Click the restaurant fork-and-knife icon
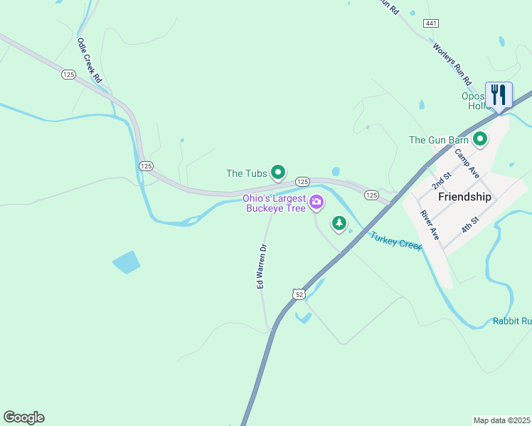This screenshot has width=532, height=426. point(499,94)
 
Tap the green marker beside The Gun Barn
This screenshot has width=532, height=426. point(480,139)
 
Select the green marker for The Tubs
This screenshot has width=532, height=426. point(279,172)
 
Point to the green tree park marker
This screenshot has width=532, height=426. point(340,224)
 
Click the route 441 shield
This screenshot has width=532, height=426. point(430,23)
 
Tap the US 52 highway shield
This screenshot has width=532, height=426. point(297,294)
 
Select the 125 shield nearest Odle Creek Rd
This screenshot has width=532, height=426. point(68,75)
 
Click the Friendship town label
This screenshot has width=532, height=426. point(464,197)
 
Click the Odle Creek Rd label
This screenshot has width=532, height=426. point(90,60)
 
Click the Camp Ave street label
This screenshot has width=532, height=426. point(468,164)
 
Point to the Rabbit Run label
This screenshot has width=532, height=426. point(511,322)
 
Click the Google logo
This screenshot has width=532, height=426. point(23,417)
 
